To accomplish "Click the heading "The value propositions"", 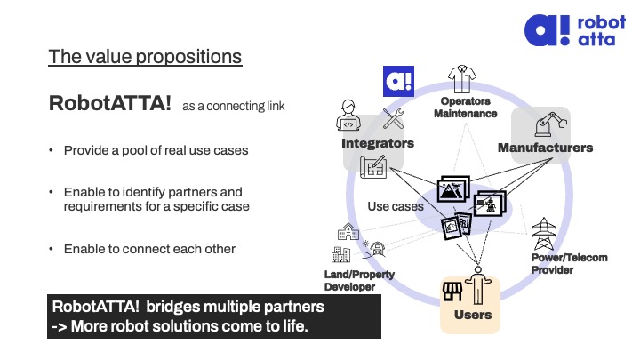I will click(145, 57).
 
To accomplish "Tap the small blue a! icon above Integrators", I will click(396, 81).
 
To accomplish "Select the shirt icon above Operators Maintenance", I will click(464, 81).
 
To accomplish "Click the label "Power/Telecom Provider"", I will click(569, 263).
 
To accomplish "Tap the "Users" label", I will click(472, 315).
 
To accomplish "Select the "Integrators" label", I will click(378, 143).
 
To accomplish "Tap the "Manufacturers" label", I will click(545, 148).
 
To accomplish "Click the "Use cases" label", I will click(396, 206).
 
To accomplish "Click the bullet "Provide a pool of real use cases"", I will click(156, 150).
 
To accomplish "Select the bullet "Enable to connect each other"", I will click(149, 249).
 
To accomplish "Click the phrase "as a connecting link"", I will click(234, 106).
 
